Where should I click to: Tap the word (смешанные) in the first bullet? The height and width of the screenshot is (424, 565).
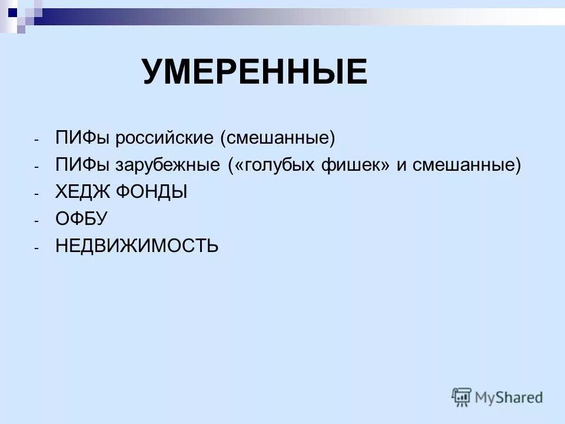click(277, 139)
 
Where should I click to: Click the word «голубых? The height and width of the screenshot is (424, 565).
click(279, 165)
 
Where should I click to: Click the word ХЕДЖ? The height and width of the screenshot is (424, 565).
click(81, 192)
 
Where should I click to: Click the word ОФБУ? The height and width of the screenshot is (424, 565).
click(81, 218)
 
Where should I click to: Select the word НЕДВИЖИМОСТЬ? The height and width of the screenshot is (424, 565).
click(137, 245)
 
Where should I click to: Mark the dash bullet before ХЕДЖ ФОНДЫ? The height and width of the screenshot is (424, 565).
click(36, 194)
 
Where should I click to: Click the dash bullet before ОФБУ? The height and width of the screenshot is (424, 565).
click(36, 220)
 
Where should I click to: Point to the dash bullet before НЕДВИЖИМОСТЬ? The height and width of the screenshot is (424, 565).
click(36, 247)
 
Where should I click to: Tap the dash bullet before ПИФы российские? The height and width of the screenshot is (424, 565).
click(36, 140)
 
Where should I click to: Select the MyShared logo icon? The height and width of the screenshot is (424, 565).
click(462, 396)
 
